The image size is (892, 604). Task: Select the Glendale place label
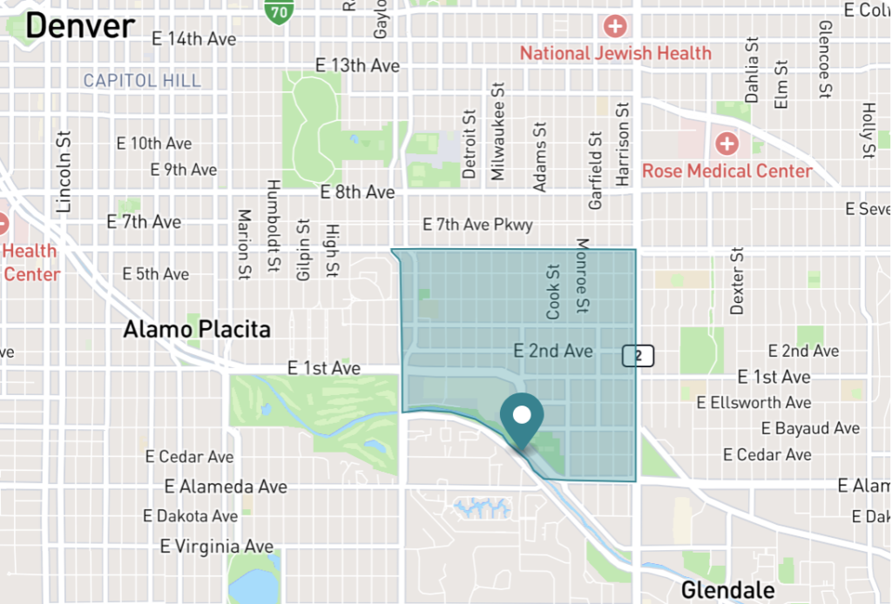[727, 590]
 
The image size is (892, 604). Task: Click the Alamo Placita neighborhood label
[197, 330]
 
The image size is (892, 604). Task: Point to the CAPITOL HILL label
[142, 81]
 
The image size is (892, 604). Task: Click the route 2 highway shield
[639, 355]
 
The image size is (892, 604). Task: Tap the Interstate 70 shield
[277, 10]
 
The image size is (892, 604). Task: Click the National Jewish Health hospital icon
[616, 26]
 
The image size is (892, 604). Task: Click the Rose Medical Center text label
[727, 171]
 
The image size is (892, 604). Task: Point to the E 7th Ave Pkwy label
[477, 225]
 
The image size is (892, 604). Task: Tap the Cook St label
[553, 292]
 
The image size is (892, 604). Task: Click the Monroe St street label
[583, 277]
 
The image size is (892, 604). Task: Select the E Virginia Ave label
[217, 547]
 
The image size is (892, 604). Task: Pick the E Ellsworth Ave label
[754, 402]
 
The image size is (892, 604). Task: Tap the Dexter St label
[738, 281]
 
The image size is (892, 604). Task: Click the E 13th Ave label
[357, 65]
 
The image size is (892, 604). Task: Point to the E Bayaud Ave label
[810, 428]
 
